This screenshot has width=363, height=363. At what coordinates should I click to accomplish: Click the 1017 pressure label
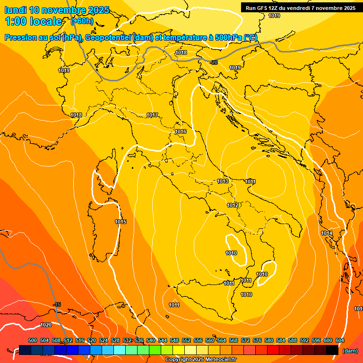coord(152,115)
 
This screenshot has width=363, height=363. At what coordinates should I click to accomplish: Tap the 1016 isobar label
coord(181,131)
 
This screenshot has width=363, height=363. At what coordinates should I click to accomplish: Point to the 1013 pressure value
coord(223,181)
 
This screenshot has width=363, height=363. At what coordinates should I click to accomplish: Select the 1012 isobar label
coord(233,205)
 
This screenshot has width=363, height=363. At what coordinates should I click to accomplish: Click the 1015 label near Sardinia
coord(121,222)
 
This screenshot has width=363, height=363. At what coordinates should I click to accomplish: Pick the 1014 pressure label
coord(327,233)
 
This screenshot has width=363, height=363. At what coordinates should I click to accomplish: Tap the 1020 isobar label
coord(46,325)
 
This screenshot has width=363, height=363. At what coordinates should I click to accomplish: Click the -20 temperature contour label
coord(214,62)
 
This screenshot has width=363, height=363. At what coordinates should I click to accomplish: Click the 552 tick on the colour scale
coord(186,340)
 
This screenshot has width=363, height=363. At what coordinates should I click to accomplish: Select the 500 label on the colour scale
coord(33,340)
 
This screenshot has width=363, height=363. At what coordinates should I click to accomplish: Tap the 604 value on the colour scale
coord(340,340)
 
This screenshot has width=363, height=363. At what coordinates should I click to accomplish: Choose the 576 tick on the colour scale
coord(257,340)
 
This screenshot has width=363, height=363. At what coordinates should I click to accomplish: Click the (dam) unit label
coord(350,351)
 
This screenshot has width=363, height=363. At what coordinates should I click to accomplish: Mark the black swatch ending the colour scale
coord(332,350)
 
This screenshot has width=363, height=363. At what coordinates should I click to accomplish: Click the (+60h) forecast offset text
coord(82,21)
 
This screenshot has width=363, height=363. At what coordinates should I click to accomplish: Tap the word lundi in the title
coord(16,10)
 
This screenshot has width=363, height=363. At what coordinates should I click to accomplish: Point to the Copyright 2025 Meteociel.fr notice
coord(200,359)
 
